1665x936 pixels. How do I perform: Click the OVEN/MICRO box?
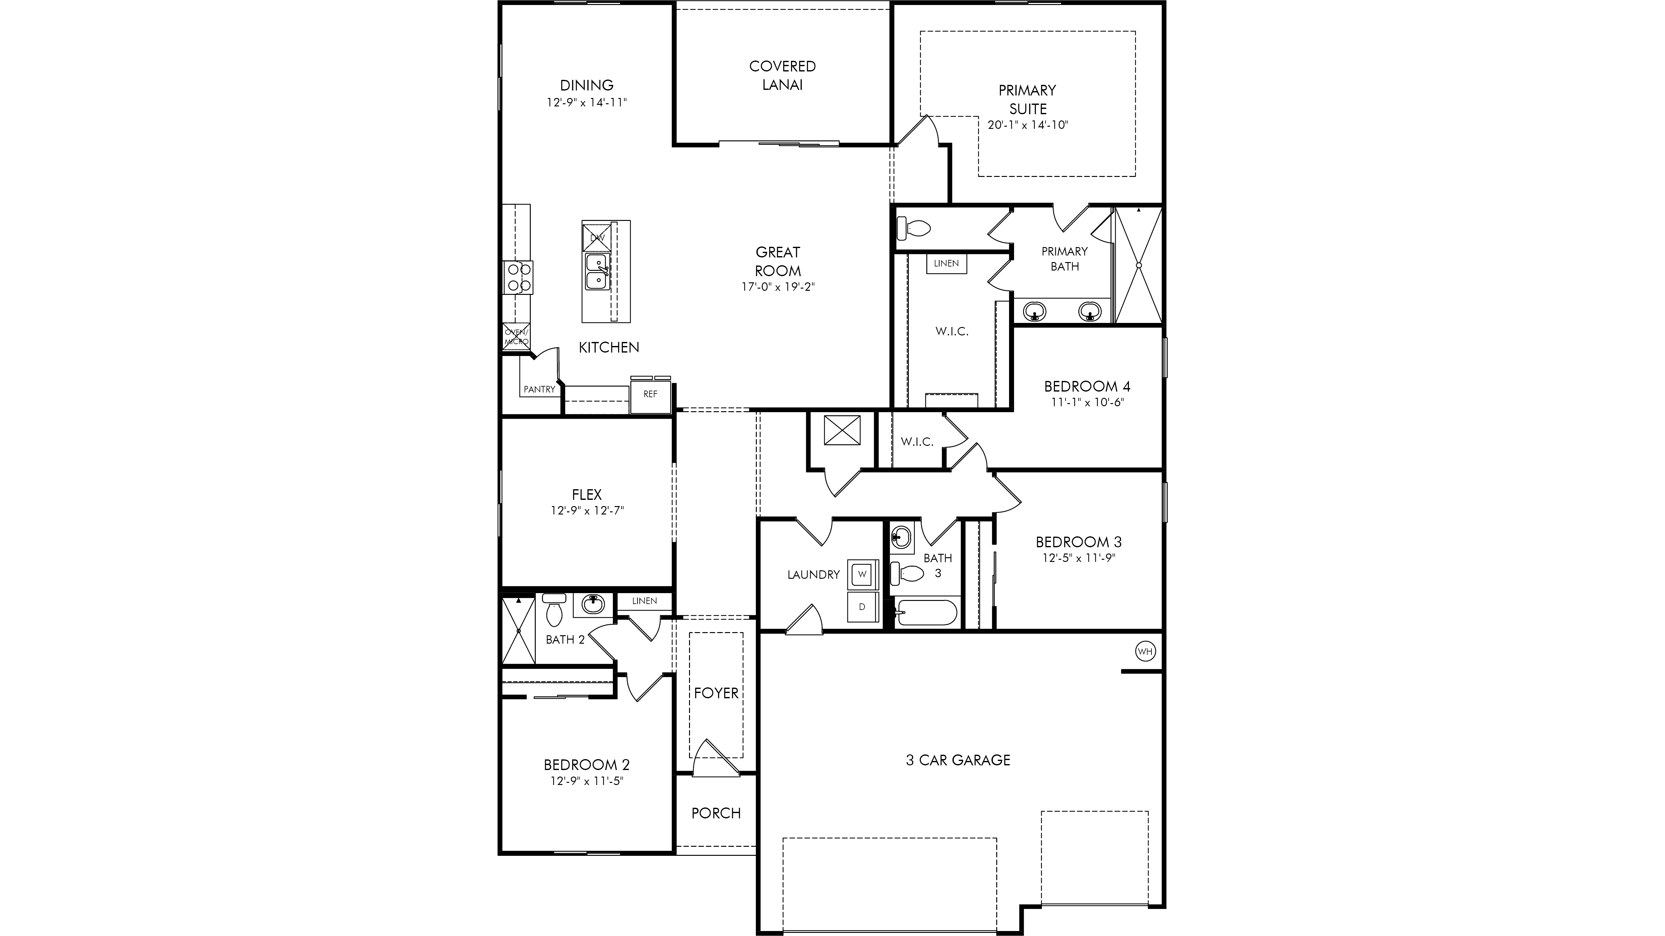pos(516,337)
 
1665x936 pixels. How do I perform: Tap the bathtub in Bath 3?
pos(925,612)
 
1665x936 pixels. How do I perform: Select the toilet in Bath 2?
pos(554,611)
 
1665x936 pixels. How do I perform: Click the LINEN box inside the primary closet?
pos(946,264)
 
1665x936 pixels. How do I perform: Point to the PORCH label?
pos(716,813)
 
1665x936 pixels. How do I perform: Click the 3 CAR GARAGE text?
pos(958,760)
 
